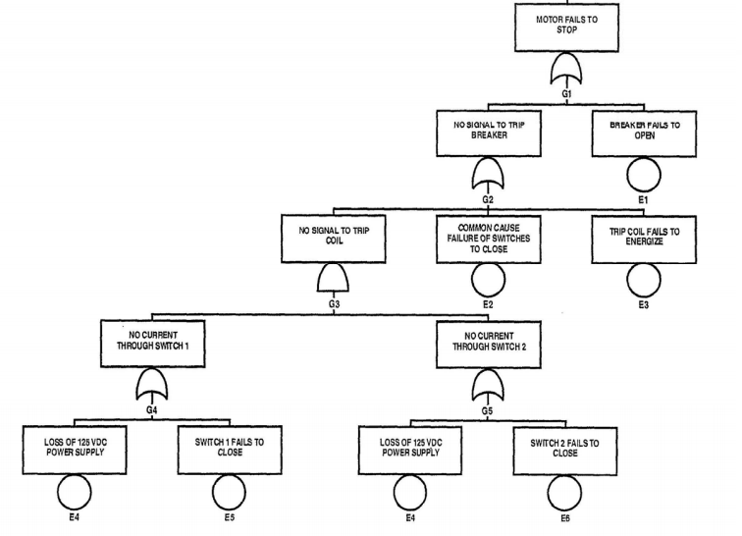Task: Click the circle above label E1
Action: click(x=644, y=176)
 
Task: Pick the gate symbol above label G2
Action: click(x=488, y=176)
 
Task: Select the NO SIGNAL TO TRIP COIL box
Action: click(x=334, y=239)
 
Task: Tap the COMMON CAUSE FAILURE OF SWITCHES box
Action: click(x=488, y=239)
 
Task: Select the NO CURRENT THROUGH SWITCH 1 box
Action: click(x=152, y=342)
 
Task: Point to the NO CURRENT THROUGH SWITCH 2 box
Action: click(x=488, y=342)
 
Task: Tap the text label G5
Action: click(x=488, y=410)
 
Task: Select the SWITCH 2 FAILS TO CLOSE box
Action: click(x=564, y=449)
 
